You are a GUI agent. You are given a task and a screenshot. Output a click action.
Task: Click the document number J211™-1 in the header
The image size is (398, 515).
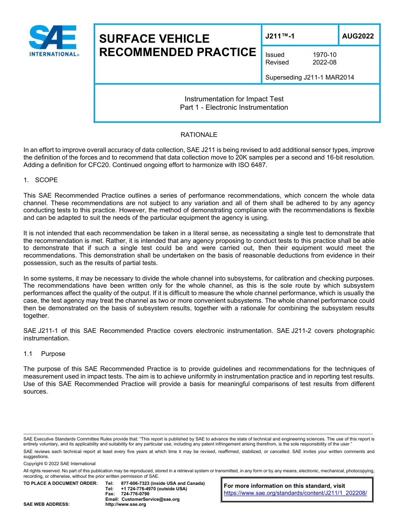(x=280, y=36)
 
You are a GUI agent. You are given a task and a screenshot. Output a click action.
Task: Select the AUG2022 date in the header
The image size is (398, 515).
(x=358, y=36)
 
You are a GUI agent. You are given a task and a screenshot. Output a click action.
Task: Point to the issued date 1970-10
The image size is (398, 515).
(x=324, y=55)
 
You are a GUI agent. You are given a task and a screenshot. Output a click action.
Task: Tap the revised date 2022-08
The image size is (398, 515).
(x=324, y=62)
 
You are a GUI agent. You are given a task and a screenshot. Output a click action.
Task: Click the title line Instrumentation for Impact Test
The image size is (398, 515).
(x=234, y=99)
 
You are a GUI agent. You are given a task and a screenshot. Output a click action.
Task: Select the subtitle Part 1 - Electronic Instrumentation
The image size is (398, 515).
(x=234, y=108)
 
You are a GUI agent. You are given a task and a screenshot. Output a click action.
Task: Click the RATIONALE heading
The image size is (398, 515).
(x=199, y=135)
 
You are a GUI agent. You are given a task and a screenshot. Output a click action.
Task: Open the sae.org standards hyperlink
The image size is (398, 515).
(x=295, y=493)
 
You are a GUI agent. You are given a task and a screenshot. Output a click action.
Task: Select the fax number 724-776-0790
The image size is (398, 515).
(x=135, y=494)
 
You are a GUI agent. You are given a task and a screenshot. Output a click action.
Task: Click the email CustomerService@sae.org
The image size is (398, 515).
(x=150, y=500)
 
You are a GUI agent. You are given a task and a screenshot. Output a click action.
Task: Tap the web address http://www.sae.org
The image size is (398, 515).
(x=126, y=505)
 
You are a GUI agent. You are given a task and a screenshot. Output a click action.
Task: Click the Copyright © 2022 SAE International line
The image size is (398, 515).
(x=59, y=464)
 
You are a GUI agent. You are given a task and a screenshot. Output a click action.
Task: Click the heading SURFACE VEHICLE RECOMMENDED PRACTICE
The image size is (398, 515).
(x=177, y=45)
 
